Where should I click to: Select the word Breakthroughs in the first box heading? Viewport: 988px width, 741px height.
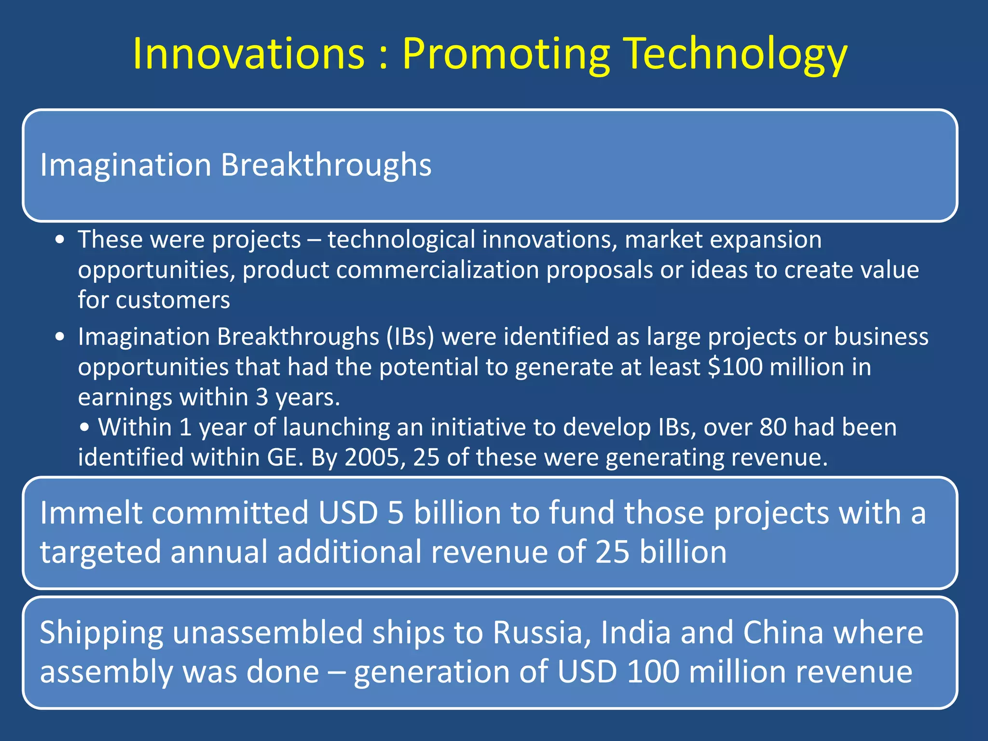[326, 165]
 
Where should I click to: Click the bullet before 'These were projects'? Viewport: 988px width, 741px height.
[59, 240]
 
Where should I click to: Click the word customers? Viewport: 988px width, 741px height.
[173, 300]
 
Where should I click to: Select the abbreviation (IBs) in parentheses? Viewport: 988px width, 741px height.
[410, 336]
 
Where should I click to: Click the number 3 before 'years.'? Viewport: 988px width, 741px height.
[262, 397]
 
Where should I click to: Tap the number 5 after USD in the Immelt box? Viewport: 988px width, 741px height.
[395, 512]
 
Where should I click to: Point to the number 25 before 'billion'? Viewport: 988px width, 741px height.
[612, 552]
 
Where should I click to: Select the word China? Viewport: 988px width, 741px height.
[782, 632]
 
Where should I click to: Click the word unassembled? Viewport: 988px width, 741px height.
[268, 632]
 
